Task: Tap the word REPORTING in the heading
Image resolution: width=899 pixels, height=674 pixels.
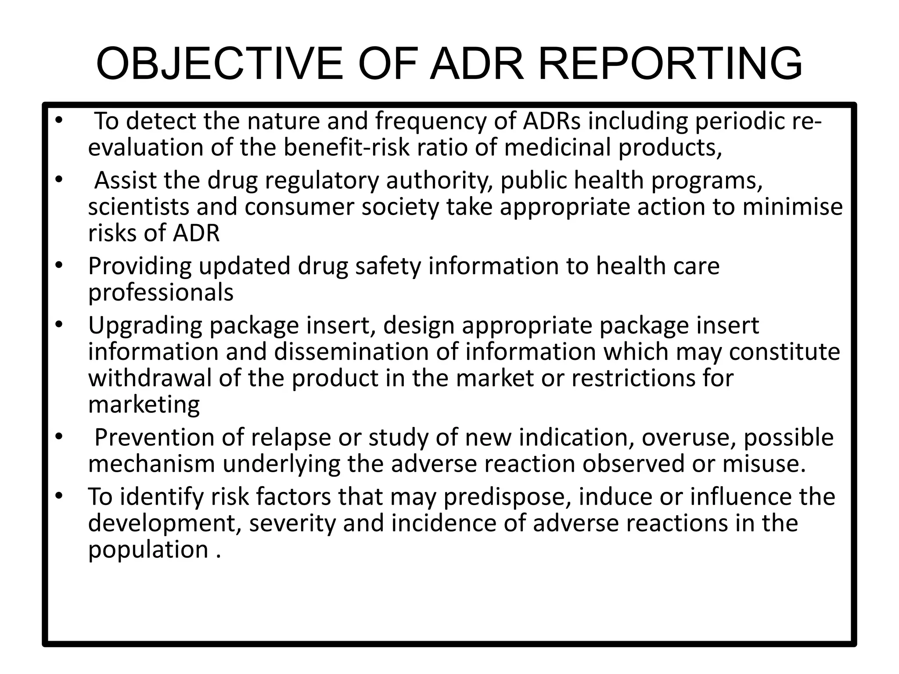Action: point(670,64)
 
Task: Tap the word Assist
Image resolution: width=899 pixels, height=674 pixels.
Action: point(125,180)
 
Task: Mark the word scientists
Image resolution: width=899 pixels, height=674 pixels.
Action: point(138,207)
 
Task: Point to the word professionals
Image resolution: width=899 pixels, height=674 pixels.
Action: point(161,293)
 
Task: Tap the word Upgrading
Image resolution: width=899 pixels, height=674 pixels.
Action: point(144,326)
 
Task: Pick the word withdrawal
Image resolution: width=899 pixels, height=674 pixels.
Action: point(150,378)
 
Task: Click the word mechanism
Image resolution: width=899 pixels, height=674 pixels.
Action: point(151,464)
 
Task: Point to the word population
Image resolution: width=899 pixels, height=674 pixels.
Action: point(148,550)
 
